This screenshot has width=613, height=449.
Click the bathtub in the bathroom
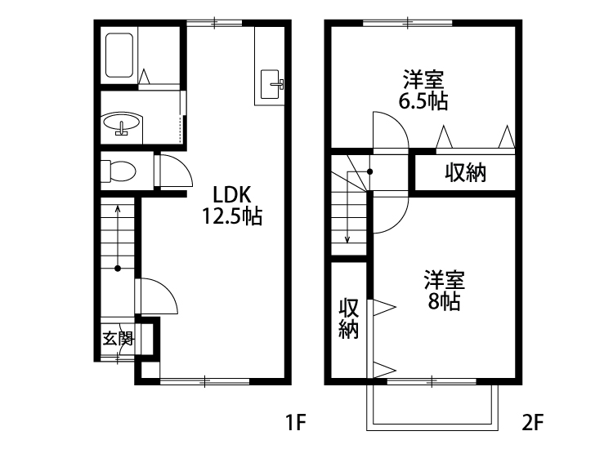(119, 55)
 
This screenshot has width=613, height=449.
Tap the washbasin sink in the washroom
(122, 123)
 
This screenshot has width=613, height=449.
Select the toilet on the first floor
(118, 171)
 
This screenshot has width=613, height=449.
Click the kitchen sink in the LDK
(270, 84)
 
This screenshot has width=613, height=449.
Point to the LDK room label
(231, 194)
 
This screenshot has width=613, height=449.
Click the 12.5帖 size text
(232, 216)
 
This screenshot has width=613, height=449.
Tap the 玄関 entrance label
(118, 339)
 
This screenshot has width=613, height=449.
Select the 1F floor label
(295, 422)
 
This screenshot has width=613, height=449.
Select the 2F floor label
(533, 422)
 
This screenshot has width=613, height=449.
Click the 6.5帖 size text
(423, 101)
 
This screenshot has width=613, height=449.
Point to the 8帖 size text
(444, 301)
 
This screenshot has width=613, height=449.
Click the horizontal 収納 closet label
(465, 172)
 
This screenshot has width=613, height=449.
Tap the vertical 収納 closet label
(348, 318)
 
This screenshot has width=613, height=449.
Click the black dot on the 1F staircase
(118, 269)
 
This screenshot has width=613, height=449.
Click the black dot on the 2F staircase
(369, 171)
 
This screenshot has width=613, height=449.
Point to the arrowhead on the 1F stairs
(118, 209)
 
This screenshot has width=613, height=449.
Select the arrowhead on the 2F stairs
(347, 239)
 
